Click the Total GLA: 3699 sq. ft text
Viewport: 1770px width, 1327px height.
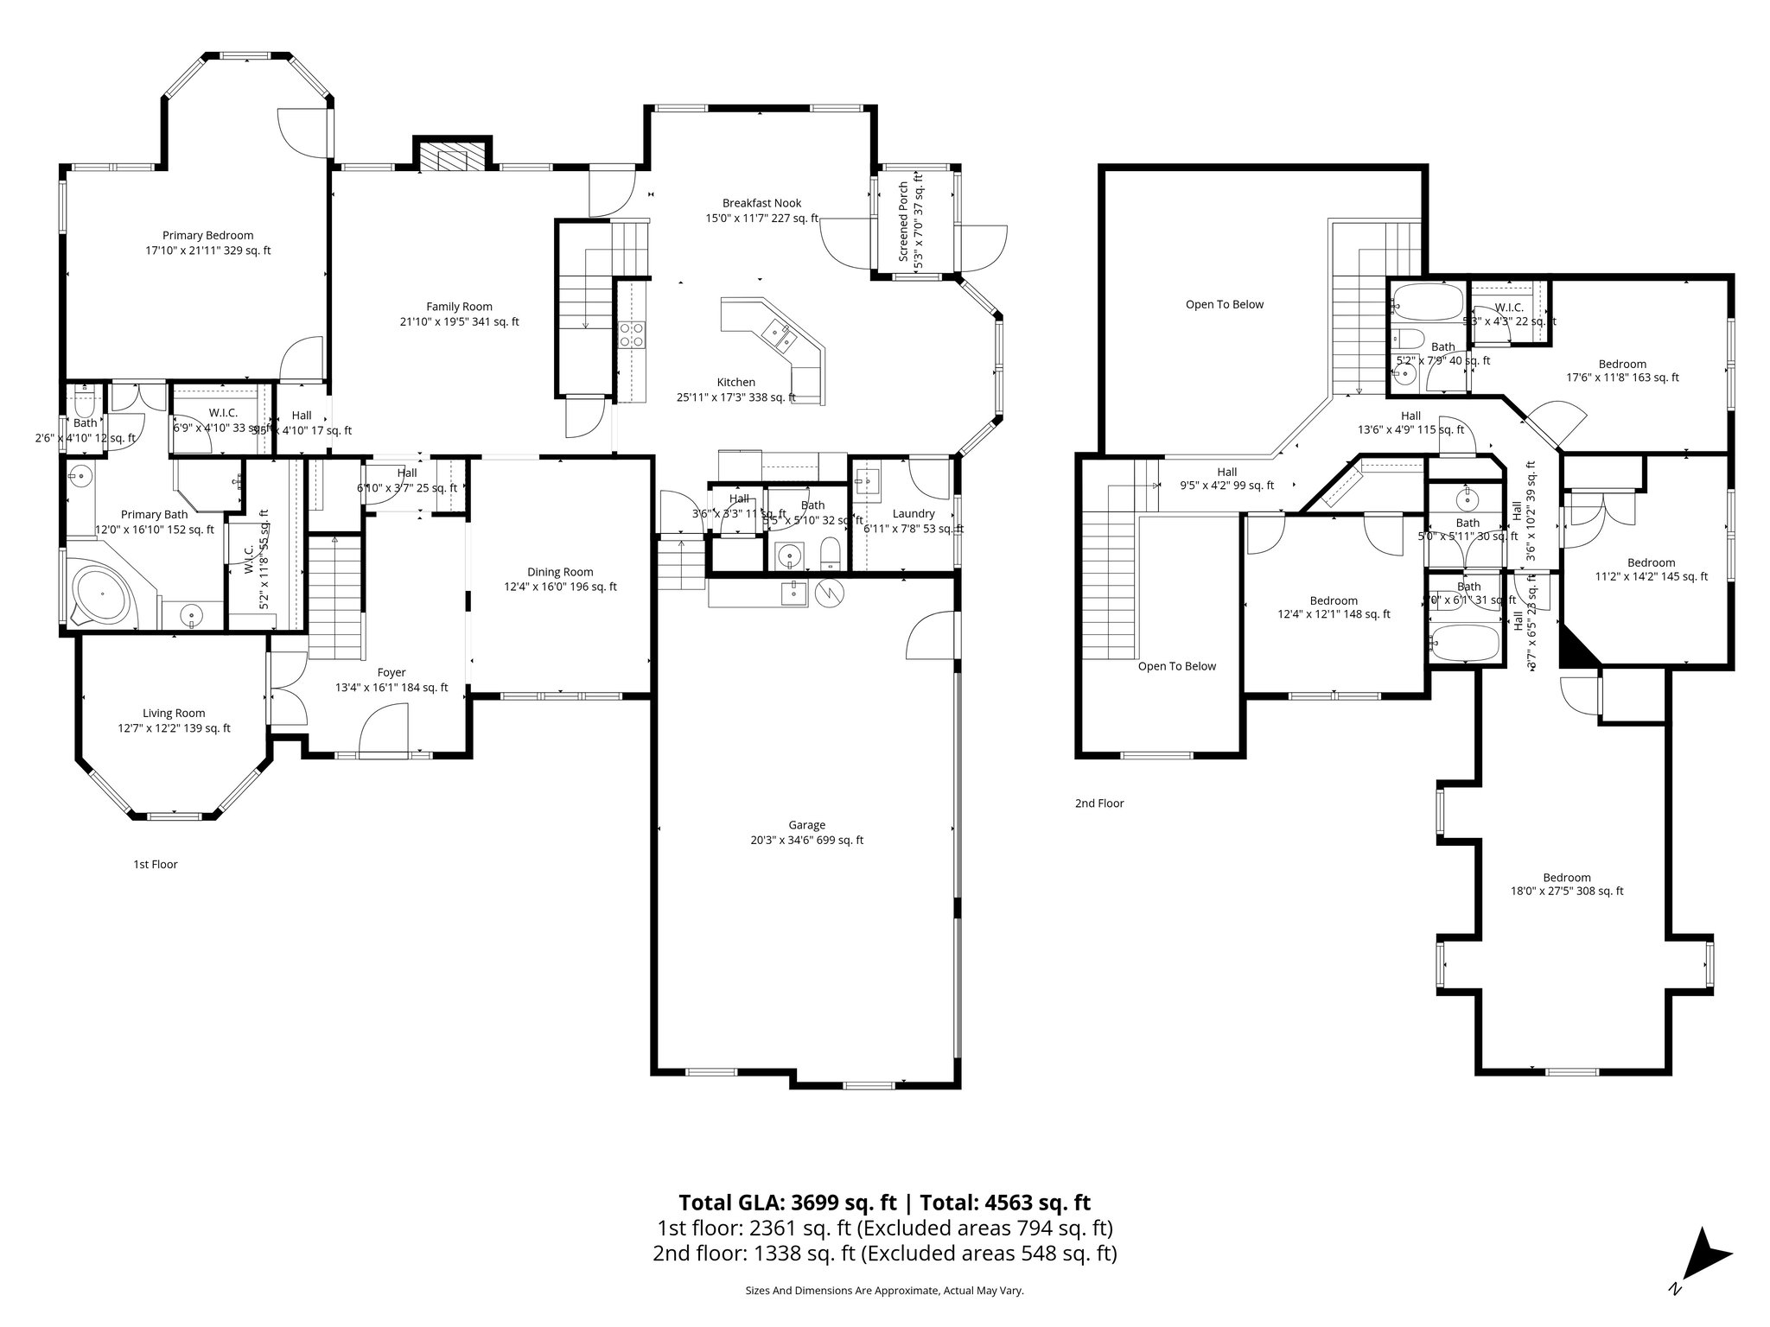(787, 1203)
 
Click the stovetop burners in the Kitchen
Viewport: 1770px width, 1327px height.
(632, 333)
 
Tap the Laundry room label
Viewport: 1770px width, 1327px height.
(914, 513)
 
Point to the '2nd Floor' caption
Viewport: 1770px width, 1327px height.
(1098, 803)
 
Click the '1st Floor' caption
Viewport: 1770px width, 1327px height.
(155, 864)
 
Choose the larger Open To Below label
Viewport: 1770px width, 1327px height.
(1224, 304)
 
